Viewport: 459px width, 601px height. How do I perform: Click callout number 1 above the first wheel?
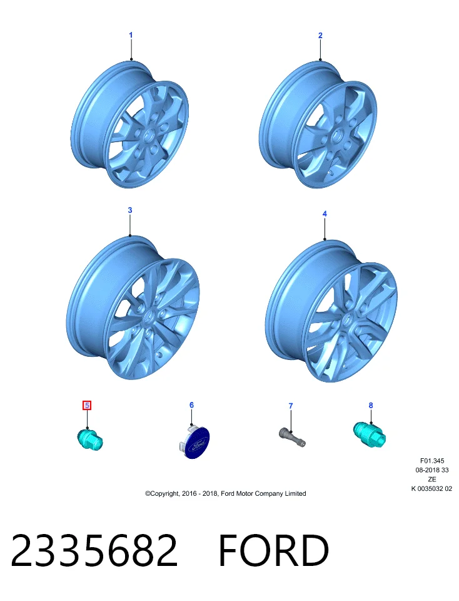[x=131, y=35]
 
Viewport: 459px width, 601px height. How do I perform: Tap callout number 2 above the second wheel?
[x=320, y=35]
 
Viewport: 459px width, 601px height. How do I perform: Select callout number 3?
[x=130, y=210]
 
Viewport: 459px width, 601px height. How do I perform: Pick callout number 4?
[x=325, y=213]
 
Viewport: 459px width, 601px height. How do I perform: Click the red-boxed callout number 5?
[x=87, y=405]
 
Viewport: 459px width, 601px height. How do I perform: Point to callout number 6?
[x=191, y=405]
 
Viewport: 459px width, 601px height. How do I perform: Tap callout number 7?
[x=291, y=406]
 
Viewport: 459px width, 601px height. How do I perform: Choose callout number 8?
[x=371, y=405]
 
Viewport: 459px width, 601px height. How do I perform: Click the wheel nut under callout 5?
[x=90, y=439]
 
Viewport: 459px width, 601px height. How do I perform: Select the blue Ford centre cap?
[x=195, y=443]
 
